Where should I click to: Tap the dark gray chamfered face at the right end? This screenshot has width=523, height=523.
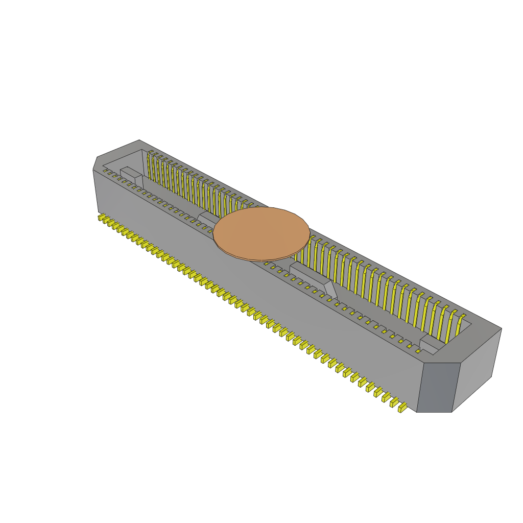coord(436,387)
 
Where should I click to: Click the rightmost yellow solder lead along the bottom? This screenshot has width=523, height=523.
coord(402,408)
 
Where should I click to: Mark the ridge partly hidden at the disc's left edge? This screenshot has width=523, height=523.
coord(207,219)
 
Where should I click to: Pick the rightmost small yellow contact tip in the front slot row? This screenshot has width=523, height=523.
coord(418,351)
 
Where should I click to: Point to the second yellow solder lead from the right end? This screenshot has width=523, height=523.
coord(394,403)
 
